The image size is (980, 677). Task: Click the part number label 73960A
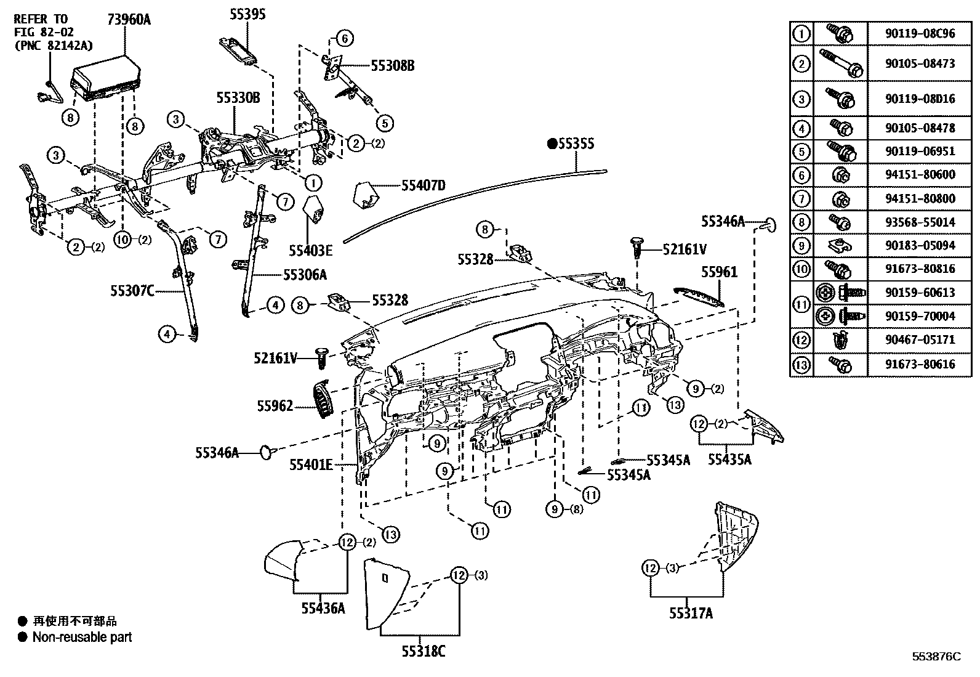[x=129, y=20]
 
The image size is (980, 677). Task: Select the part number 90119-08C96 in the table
[x=920, y=33]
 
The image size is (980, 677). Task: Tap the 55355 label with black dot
[x=571, y=144]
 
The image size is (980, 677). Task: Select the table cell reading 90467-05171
[x=920, y=339]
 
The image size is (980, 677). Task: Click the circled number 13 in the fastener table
[x=801, y=364]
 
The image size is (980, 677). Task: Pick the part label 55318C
[x=420, y=651]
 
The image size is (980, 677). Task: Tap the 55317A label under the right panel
[x=691, y=613]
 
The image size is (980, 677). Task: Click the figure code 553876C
[x=936, y=657]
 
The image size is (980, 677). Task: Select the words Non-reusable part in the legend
[x=82, y=638]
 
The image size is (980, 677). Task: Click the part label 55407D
[x=423, y=185]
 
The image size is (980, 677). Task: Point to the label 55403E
[x=311, y=250]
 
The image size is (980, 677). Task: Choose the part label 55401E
[x=311, y=465]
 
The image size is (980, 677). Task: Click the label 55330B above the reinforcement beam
[x=238, y=98]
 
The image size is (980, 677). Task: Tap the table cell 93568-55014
[x=920, y=222]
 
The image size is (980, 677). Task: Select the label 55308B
[x=392, y=66]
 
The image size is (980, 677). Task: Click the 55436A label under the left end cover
[x=323, y=608]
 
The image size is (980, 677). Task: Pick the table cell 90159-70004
[x=920, y=316]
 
